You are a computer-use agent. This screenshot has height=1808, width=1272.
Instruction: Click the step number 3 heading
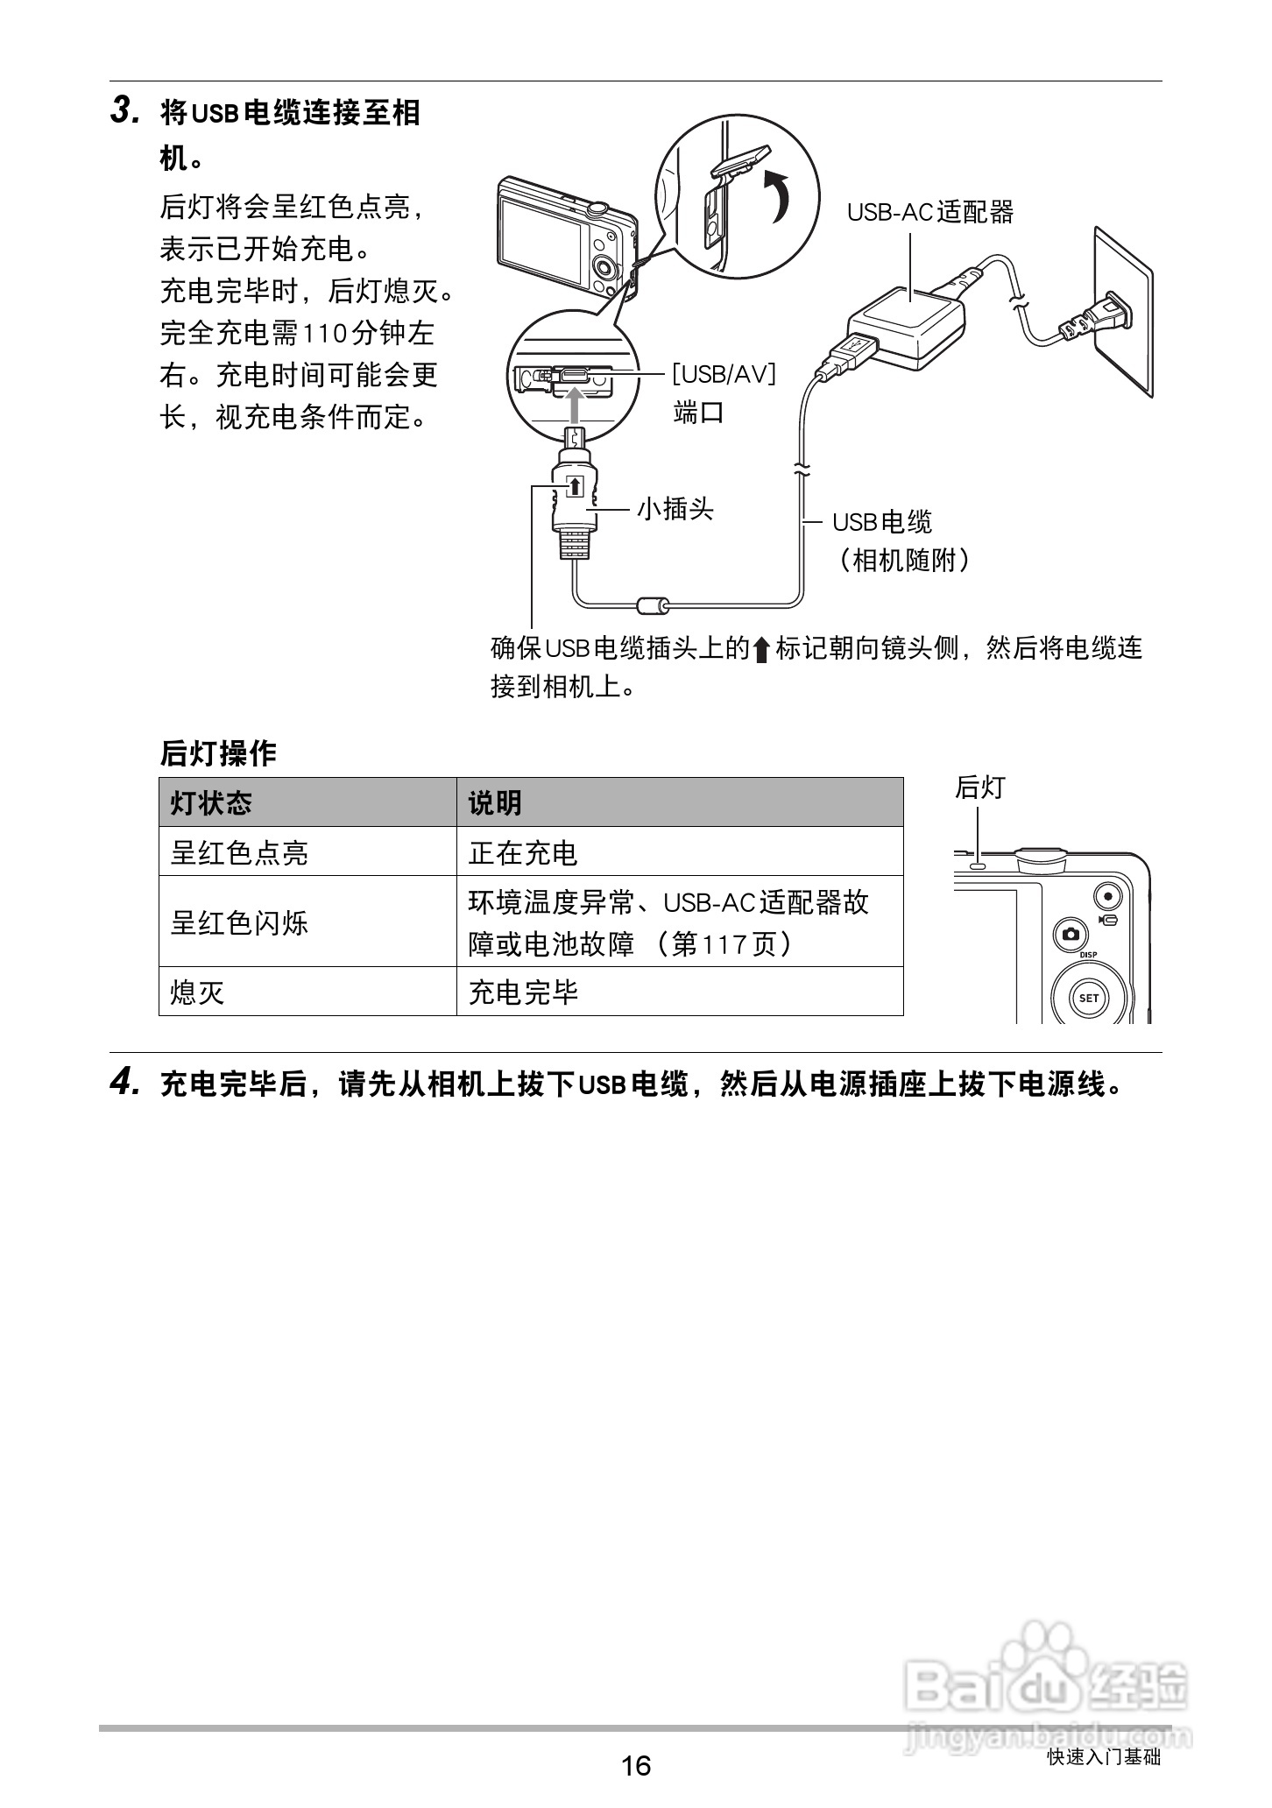[x=124, y=112]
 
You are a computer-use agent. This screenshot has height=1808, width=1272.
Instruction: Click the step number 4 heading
[x=124, y=1084]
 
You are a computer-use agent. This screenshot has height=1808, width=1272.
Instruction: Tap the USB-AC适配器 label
[x=929, y=212]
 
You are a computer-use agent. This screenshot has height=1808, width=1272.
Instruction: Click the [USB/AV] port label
[x=724, y=374]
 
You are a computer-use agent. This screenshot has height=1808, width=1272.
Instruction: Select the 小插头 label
[x=675, y=509]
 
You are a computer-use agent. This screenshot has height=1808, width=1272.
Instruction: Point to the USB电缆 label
[x=881, y=522]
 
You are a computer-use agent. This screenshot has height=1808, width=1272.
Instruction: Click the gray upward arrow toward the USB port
[x=574, y=404]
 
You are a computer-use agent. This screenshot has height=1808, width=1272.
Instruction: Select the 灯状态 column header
[x=211, y=802]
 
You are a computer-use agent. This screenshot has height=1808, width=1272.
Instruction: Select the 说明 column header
[x=495, y=802]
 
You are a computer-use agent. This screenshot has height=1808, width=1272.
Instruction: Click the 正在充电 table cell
[x=523, y=852]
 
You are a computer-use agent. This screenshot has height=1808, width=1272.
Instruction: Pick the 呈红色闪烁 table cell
[x=239, y=922]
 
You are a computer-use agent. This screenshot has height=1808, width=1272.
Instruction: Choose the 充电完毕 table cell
[x=523, y=992]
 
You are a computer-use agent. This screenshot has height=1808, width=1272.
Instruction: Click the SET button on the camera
[x=1088, y=998]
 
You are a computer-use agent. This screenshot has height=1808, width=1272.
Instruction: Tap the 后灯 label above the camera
[x=979, y=787]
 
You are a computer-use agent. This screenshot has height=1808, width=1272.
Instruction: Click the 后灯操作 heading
[x=218, y=753]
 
